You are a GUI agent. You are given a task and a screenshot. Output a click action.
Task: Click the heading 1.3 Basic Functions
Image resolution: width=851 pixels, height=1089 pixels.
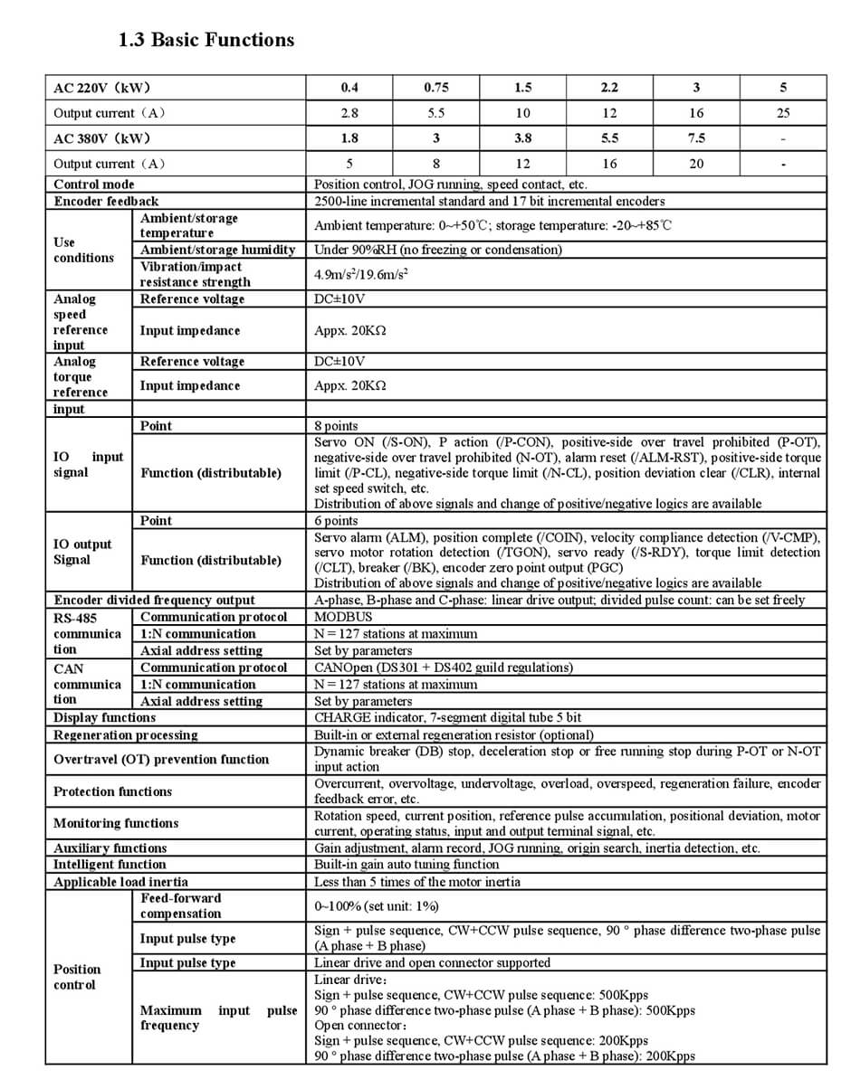click(206, 40)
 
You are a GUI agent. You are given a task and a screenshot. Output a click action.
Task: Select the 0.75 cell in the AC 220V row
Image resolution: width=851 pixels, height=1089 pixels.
click(435, 88)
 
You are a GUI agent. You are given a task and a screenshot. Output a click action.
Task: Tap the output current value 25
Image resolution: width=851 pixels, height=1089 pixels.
click(782, 113)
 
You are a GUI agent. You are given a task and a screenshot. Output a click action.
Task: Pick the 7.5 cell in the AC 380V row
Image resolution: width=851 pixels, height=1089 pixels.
click(696, 138)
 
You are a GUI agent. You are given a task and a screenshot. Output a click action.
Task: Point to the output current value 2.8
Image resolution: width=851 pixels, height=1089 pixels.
click(349, 113)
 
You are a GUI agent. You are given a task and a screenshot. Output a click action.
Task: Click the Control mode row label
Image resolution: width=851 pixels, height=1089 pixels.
click(94, 185)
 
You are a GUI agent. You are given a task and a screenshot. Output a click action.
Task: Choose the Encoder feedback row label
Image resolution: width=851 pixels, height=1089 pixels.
click(106, 201)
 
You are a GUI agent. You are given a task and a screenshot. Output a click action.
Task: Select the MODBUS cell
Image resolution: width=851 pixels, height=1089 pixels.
click(343, 617)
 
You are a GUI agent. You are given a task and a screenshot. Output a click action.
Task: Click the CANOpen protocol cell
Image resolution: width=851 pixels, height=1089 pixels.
click(444, 668)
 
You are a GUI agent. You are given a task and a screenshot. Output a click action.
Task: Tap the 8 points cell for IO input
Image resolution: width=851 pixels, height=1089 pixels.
click(336, 426)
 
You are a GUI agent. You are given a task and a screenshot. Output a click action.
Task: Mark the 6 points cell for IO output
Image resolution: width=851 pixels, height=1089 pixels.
click(336, 521)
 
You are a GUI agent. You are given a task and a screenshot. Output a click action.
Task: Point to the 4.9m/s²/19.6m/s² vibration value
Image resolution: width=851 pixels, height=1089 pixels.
click(360, 273)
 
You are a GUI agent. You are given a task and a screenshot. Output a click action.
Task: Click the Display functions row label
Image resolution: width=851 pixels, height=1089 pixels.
click(104, 717)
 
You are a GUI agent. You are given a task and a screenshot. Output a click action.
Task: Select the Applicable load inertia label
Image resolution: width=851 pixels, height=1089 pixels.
click(120, 882)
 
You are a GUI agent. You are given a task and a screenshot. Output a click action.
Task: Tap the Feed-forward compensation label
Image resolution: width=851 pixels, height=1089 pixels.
click(180, 905)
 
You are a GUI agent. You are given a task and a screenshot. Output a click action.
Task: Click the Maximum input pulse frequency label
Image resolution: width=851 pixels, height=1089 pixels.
click(218, 1018)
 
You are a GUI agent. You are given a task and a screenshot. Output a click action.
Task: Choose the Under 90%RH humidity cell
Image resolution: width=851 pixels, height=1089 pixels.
click(437, 250)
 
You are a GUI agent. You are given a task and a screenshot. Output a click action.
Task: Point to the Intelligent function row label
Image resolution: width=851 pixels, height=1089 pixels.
click(110, 865)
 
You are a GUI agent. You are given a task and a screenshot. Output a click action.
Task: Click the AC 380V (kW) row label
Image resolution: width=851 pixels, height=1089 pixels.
click(101, 138)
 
